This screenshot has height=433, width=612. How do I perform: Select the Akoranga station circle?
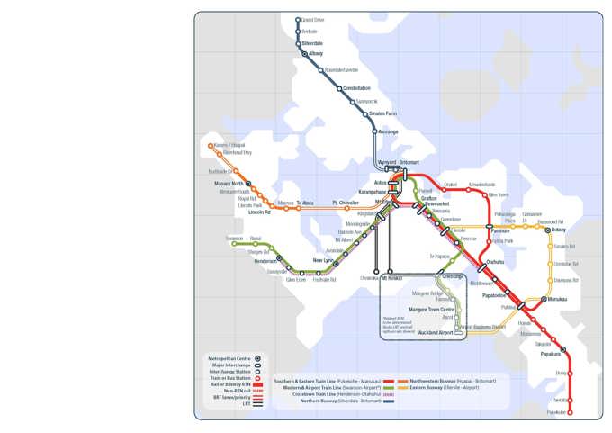375,131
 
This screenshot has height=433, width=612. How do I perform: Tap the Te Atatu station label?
305,203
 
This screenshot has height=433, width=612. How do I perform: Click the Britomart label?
409,163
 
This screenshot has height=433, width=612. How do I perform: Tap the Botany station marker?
548,230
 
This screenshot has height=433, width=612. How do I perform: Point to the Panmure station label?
499,231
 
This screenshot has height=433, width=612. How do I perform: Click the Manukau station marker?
544,299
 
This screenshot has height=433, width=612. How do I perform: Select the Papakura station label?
551,355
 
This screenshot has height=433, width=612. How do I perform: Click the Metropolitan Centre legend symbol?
257,358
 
